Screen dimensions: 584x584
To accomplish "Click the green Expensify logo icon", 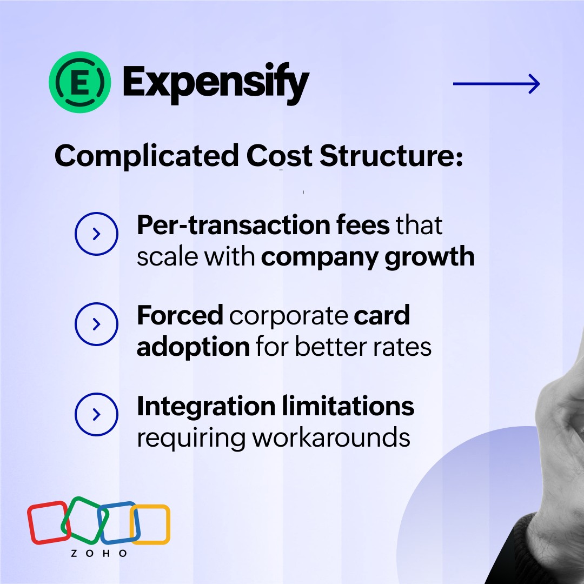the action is pyautogui.click(x=79, y=82).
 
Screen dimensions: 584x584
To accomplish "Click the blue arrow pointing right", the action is pyautogui.click(x=496, y=84).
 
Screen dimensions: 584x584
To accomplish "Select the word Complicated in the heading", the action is pyautogui.click(x=147, y=156).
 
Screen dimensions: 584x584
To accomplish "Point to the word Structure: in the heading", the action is pyautogui.click(x=391, y=156).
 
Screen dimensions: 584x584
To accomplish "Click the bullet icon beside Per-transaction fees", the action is pyautogui.click(x=96, y=234).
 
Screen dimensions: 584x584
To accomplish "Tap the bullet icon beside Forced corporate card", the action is pyautogui.click(x=96, y=324).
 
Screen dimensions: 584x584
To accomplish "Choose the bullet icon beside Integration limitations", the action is pyautogui.click(x=96, y=414).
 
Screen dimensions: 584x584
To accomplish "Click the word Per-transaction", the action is pyautogui.click(x=234, y=225).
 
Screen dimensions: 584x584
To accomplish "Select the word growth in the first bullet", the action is pyautogui.click(x=429, y=257).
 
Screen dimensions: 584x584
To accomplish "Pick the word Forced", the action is pyautogui.click(x=180, y=315).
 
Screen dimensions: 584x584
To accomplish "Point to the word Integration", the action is pyautogui.click(x=207, y=407).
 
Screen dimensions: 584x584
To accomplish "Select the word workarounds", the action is pyautogui.click(x=331, y=438).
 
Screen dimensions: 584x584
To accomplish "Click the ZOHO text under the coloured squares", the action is pyautogui.click(x=99, y=554).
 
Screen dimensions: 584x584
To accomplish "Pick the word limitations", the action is pyautogui.click(x=348, y=406).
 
